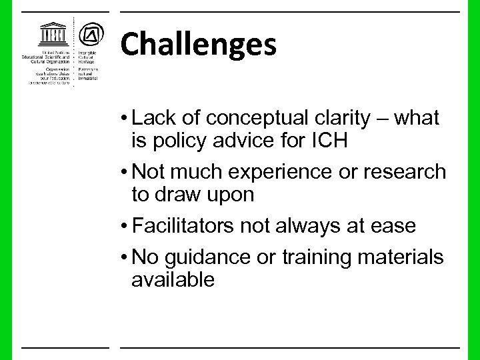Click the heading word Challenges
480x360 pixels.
pyautogui.click(x=198, y=44)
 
